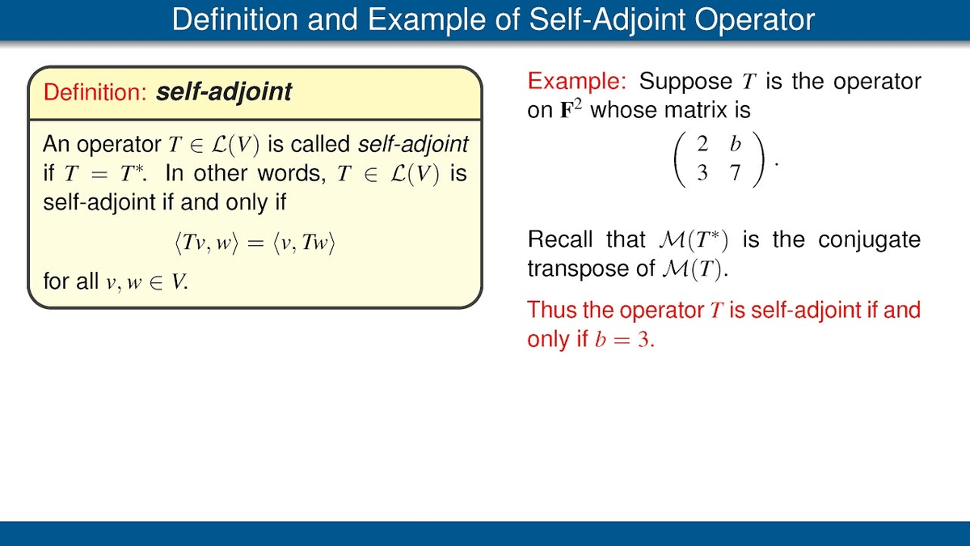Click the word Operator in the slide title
755,19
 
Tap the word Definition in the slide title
235,19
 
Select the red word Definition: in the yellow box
95,92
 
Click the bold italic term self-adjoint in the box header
224,92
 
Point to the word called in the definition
320,144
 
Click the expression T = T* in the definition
104,173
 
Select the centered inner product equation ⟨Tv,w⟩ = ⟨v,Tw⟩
255,242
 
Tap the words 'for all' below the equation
71,281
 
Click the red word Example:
577,81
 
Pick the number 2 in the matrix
702,144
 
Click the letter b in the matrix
736,143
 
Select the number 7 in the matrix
735,173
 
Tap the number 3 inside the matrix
702,173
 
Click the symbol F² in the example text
571,110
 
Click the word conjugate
870,239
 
